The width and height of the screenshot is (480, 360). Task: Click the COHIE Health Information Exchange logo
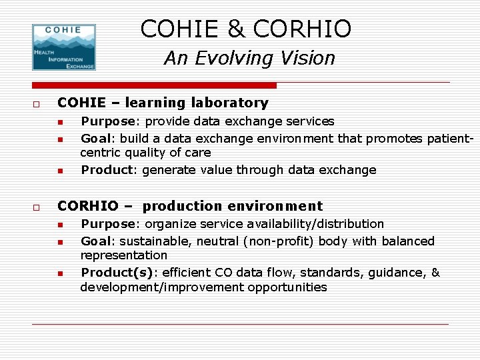pos(64,47)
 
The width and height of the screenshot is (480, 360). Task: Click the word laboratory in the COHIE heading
pos(230,103)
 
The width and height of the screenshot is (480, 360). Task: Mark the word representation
pos(124,255)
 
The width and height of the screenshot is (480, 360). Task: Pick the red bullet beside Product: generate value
pos(59,171)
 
